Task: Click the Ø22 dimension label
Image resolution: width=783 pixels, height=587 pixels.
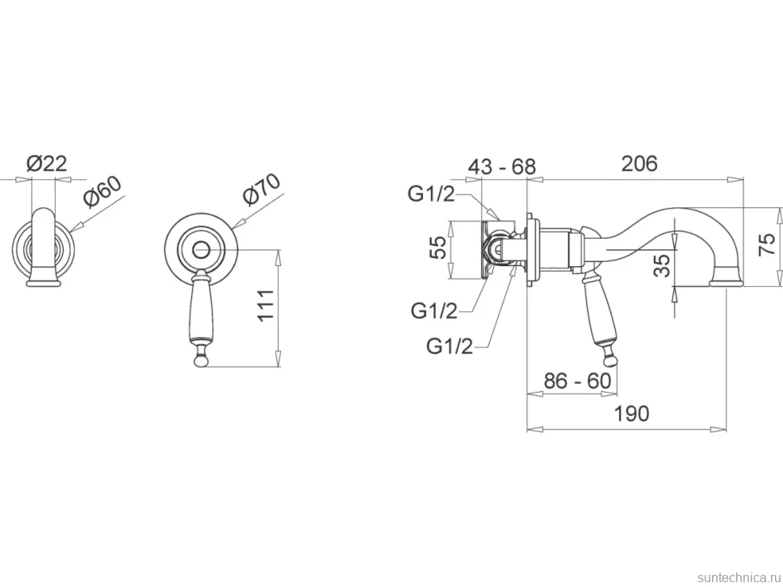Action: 47,164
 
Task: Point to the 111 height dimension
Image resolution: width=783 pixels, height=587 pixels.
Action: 266,306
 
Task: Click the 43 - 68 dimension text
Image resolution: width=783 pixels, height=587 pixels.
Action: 501,166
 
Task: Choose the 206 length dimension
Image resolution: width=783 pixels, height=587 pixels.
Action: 639,164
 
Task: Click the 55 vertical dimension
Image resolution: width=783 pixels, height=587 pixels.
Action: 438,248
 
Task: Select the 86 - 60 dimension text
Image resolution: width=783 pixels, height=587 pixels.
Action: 577,381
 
